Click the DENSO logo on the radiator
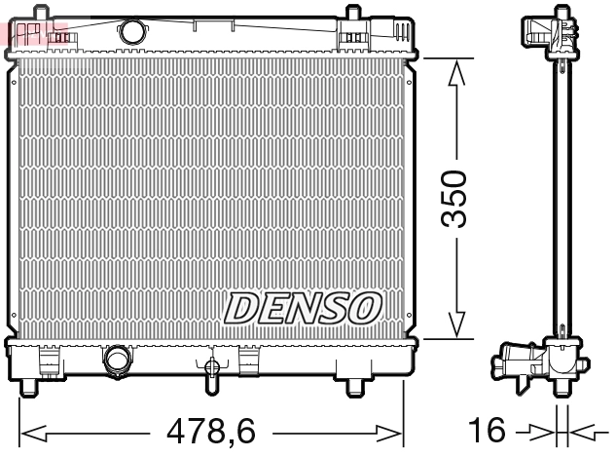303,309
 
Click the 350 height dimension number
454,199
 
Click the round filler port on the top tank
131,32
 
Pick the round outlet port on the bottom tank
118,360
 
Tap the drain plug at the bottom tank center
211,367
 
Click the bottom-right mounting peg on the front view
354,389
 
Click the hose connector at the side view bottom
516,365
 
